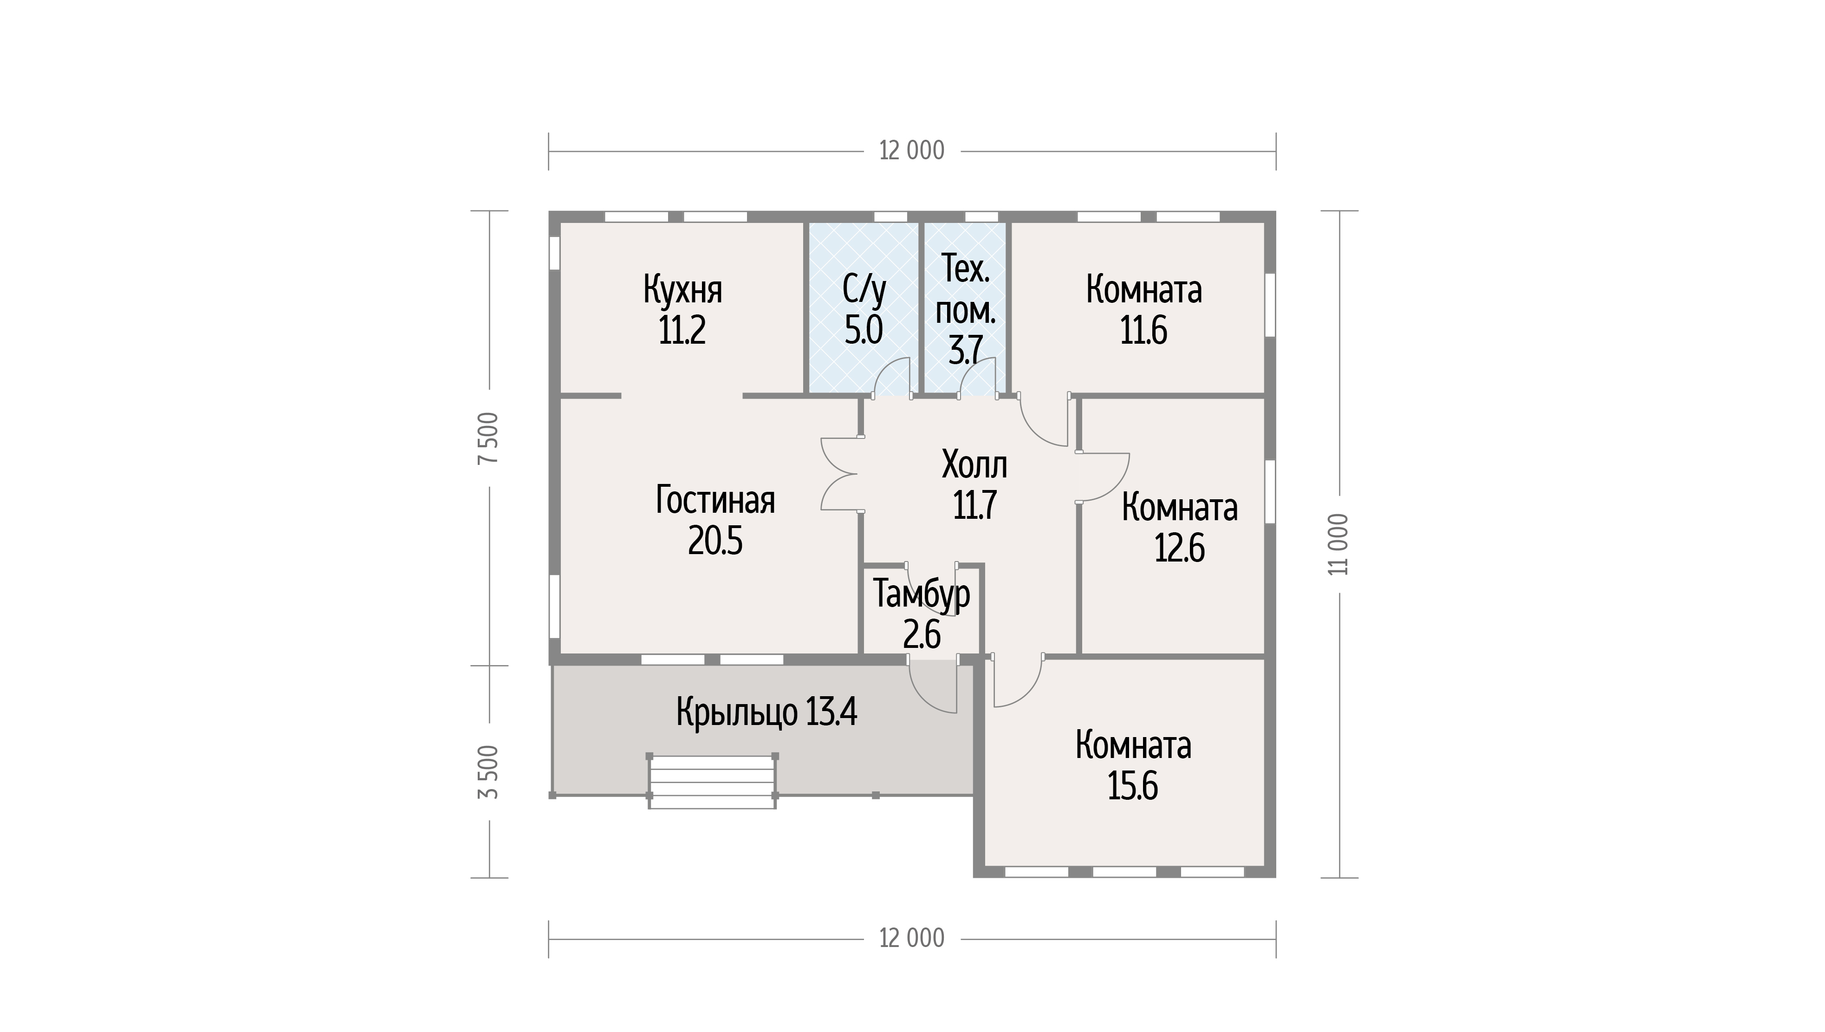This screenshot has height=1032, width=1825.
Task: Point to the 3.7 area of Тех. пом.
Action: tap(966, 350)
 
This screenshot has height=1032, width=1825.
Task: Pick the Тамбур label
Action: tap(921, 594)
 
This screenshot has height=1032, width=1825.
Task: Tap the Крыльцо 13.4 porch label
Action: tap(766, 712)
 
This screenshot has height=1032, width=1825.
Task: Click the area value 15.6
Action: tap(1132, 787)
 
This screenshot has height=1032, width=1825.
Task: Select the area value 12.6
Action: tap(1180, 548)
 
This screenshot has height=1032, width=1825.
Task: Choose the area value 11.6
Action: tap(1143, 330)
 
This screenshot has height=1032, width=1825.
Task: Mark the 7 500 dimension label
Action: tap(489, 438)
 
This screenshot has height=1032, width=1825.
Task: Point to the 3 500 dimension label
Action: tap(489, 772)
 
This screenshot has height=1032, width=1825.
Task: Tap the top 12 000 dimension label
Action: tap(912, 151)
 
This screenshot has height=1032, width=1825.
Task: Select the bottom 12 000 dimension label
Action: tap(912, 939)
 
